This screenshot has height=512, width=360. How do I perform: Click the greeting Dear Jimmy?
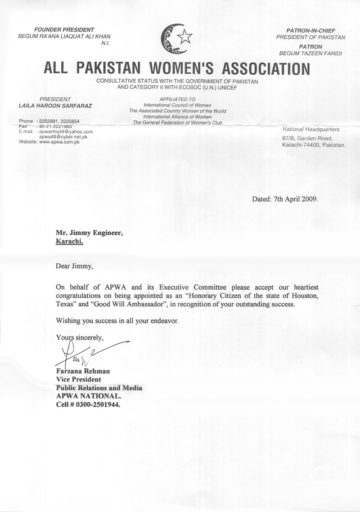tap(74, 266)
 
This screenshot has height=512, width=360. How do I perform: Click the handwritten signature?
tap(85, 353)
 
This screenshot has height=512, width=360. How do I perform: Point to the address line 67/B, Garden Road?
tap(307, 138)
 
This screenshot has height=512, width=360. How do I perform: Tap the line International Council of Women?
tap(178, 105)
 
